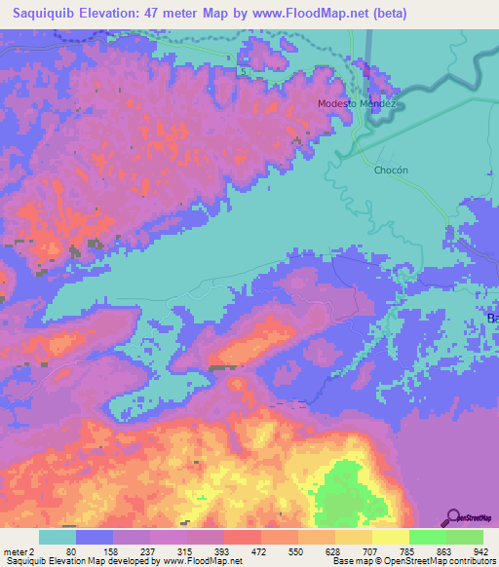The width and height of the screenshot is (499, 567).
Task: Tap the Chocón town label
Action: point(390,170)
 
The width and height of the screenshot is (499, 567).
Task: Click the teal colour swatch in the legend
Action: point(58,537)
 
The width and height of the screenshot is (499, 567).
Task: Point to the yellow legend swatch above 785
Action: point(391,537)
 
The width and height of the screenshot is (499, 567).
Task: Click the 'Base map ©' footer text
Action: point(358,561)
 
